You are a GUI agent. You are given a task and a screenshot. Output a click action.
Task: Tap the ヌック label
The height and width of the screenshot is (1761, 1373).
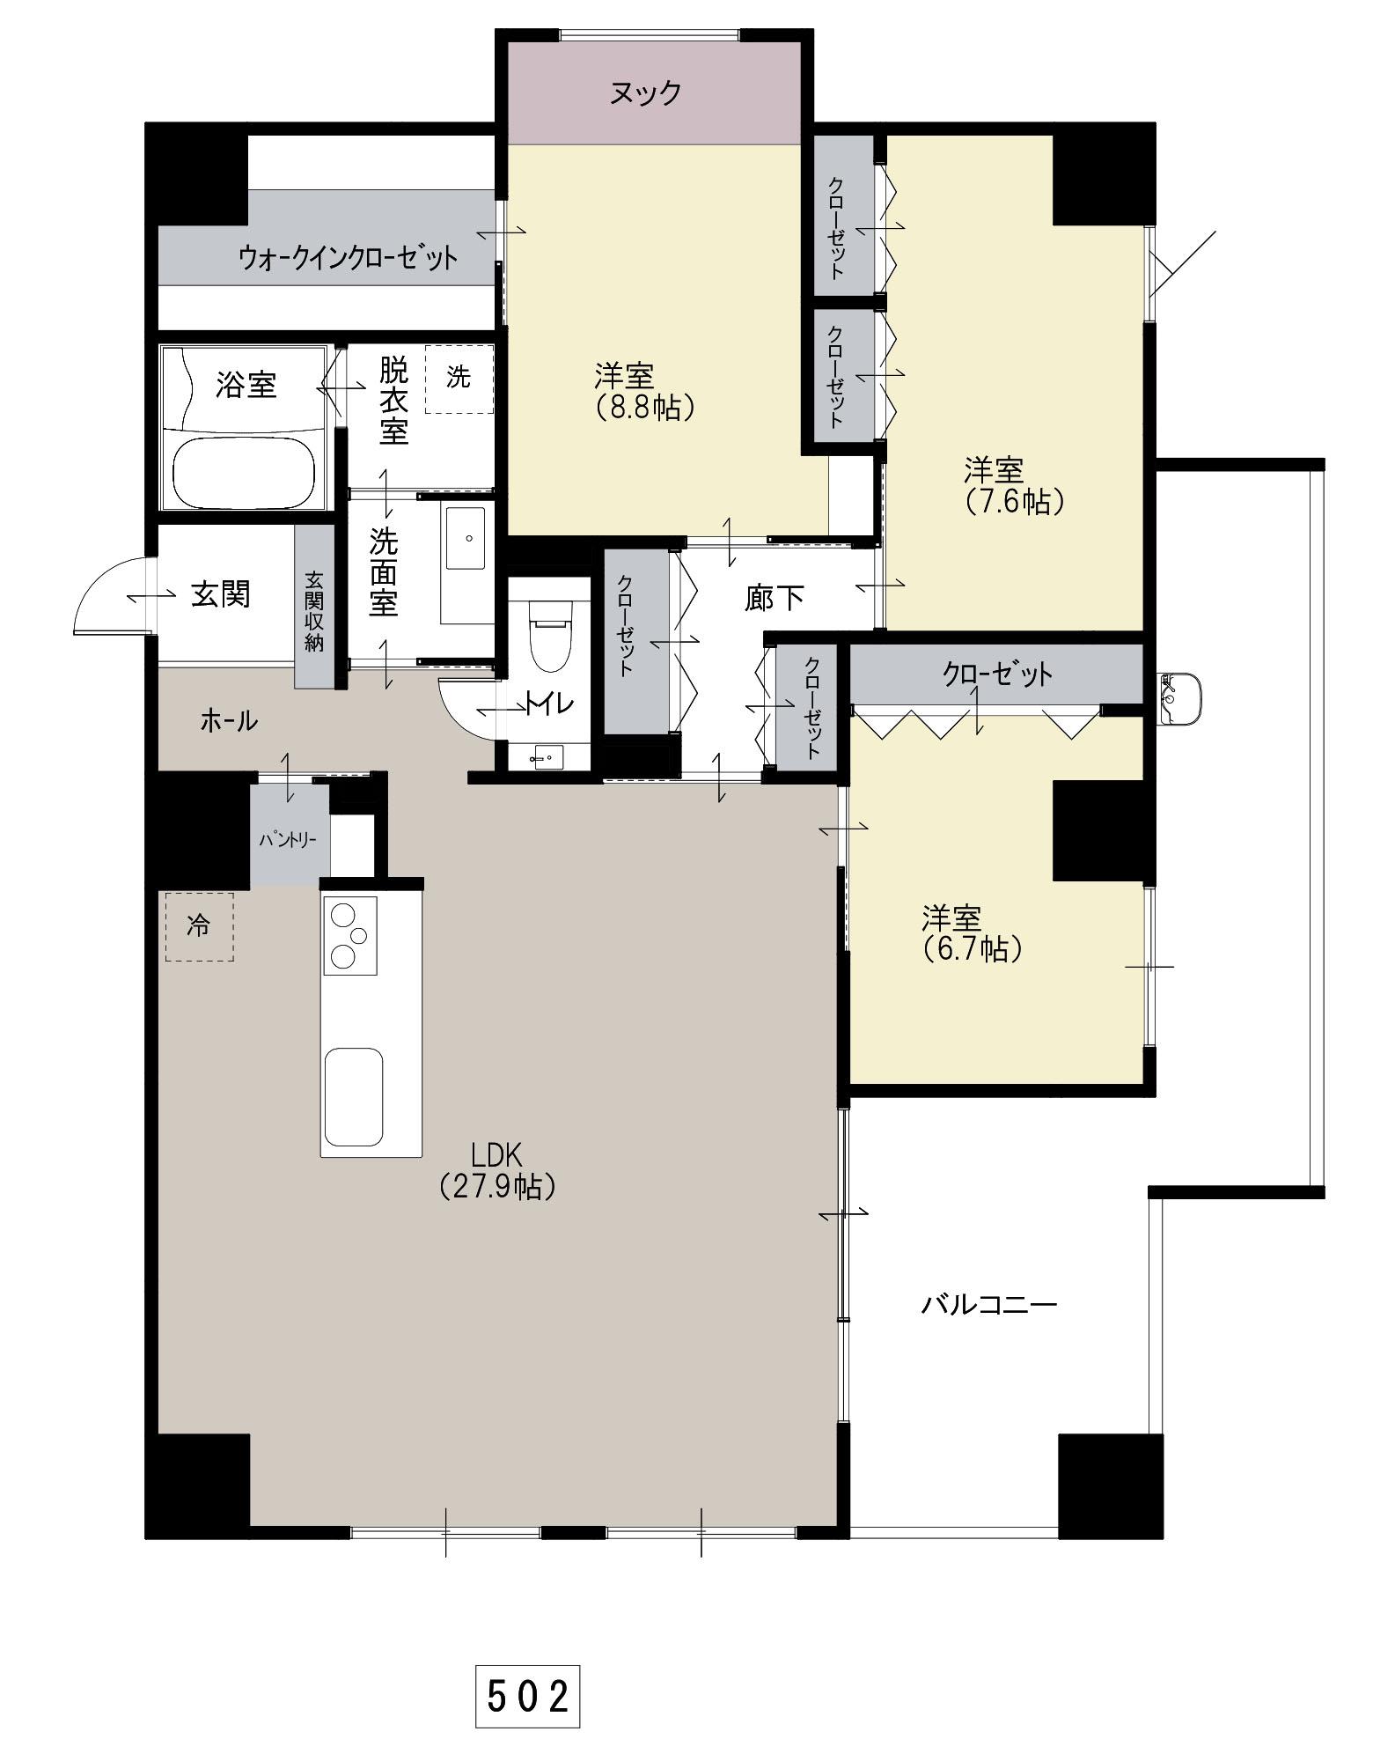coord(646,92)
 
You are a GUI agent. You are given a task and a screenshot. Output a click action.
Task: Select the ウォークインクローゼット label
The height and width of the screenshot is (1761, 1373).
coord(349,258)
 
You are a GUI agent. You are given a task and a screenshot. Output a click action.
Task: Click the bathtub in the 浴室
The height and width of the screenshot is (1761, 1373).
coord(244,472)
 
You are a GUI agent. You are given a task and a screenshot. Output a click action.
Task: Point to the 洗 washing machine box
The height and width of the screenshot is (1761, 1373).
coord(459,379)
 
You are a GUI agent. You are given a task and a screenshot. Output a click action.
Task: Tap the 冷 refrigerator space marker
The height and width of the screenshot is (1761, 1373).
coord(200,926)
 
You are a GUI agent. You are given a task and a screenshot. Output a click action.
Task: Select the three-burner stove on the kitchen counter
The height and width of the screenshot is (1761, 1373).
coord(350,935)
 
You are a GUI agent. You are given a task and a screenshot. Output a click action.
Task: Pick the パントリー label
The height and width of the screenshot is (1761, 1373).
coord(289,840)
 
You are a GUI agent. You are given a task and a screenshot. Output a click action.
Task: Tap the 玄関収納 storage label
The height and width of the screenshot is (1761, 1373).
coord(314,611)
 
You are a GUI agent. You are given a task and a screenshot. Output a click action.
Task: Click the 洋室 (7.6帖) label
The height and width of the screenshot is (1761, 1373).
coord(1015,485)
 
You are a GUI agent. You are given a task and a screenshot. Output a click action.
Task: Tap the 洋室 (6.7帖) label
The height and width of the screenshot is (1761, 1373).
coord(973,933)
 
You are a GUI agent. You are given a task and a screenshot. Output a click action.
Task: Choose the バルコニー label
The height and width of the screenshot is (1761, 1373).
coord(989,1303)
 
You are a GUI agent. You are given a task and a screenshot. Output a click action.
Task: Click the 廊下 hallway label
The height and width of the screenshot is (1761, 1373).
coord(774,598)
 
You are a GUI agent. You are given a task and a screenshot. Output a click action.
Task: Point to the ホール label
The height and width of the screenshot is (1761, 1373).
coord(230,721)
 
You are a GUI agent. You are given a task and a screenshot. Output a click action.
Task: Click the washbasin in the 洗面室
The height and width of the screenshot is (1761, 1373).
coord(466,540)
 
